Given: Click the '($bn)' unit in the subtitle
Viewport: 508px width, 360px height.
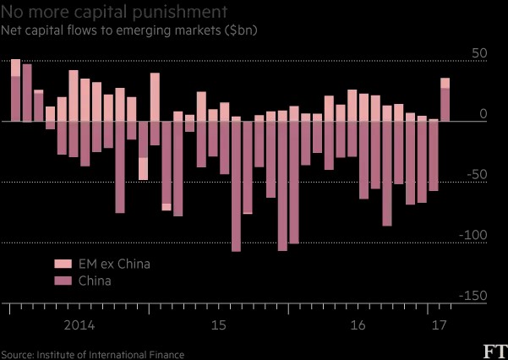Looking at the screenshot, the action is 240,30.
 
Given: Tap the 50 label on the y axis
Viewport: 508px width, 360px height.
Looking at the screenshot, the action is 479,53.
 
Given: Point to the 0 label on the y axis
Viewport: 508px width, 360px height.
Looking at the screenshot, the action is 483,114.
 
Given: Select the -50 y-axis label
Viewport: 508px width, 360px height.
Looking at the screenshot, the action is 478,175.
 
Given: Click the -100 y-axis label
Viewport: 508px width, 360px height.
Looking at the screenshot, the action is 473,235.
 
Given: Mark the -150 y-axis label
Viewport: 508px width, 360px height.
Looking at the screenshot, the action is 473,296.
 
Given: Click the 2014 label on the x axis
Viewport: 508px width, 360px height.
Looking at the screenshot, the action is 79,325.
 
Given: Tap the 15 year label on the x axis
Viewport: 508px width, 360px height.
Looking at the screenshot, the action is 218,325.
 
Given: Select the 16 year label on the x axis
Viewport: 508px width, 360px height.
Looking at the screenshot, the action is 358,325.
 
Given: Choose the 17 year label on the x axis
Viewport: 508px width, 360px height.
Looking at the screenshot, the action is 439,325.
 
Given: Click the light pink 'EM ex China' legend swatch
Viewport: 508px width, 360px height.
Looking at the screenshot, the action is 63,264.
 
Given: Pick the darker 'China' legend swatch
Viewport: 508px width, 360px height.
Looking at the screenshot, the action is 63,281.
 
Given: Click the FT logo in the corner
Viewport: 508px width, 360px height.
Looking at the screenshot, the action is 495,352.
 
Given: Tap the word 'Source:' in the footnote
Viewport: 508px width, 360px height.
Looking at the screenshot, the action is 17,355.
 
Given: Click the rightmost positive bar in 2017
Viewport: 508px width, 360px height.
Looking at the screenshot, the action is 445,100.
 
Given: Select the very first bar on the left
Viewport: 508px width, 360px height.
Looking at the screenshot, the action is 15,90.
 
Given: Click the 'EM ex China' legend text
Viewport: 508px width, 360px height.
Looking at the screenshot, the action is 114,265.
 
